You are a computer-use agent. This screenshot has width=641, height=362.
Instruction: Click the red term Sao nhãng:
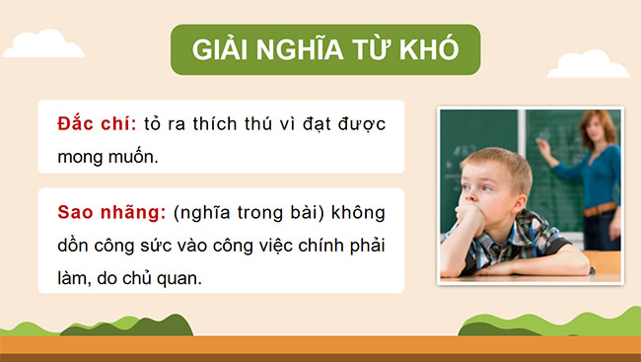[x=109, y=213]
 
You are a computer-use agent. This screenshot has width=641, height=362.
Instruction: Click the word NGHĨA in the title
[x=302, y=50]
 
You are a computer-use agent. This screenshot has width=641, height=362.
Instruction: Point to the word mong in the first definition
[x=83, y=155]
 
